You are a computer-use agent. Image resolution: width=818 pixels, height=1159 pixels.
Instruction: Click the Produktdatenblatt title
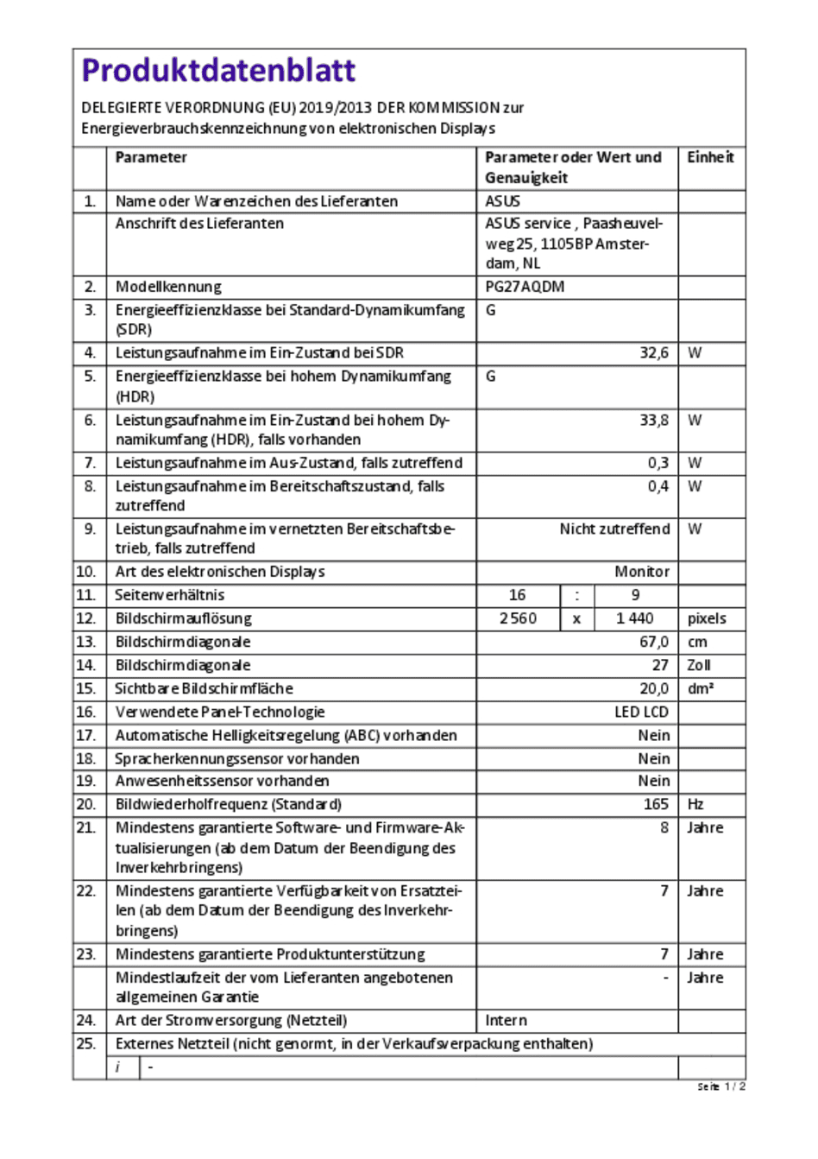[x=218, y=71]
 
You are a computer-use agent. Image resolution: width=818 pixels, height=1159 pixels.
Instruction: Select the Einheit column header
[x=710, y=157]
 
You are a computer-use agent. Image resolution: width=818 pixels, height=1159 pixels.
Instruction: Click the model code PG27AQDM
[x=525, y=287]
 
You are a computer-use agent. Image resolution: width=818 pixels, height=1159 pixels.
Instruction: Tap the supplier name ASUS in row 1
[x=502, y=201]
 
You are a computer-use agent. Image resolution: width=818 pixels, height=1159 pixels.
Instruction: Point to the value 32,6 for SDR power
[x=654, y=353]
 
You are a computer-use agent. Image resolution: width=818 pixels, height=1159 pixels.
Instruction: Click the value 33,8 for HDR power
[x=654, y=421]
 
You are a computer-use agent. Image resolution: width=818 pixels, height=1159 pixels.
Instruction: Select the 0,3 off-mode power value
[x=658, y=463]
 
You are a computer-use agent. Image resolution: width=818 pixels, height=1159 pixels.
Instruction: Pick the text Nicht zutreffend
[x=614, y=529]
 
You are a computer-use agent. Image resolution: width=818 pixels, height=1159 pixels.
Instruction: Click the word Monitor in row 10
[x=642, y=572]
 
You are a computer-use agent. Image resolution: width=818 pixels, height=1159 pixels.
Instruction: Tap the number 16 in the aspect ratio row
[x=518, y=595]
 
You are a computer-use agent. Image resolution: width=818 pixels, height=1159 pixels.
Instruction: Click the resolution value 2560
[x=518, y=618]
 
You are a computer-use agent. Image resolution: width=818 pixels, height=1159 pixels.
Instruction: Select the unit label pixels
[x=707, y=618]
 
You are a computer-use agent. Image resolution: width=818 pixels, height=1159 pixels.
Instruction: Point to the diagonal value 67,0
[x=654, y=642]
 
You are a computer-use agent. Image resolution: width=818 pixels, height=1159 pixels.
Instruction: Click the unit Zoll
[x=699, y=665]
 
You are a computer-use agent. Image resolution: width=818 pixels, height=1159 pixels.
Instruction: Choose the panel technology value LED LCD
[x=642, y=712]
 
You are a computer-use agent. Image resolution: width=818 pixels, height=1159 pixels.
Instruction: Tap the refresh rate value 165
[x=656, y=804]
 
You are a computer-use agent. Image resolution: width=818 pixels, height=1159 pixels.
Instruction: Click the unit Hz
[x=695, y=804]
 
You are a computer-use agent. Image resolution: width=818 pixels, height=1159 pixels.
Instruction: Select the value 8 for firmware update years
[x=664, y=827]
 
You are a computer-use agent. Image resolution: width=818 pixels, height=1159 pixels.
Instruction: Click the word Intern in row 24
[x=506, y=1020]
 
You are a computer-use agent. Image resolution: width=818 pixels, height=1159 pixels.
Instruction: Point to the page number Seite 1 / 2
[x=721, y=1086]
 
